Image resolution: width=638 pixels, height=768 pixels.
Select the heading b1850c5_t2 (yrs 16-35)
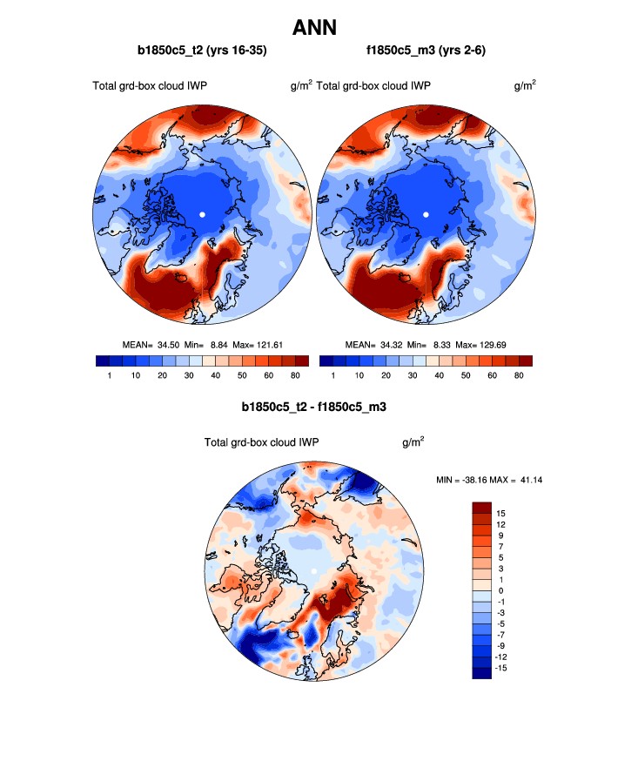click(202, 51)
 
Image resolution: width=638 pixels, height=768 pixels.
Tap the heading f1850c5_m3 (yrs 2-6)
click(426, 51)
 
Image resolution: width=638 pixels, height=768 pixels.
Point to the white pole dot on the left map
click(202, 213)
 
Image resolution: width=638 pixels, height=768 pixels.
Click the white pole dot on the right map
click(426, 213)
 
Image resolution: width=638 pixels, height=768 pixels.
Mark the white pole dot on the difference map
click(312, 571)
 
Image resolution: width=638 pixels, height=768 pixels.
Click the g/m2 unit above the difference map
click(413, 442)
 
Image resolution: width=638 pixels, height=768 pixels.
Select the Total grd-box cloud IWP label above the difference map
click(261, 442)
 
